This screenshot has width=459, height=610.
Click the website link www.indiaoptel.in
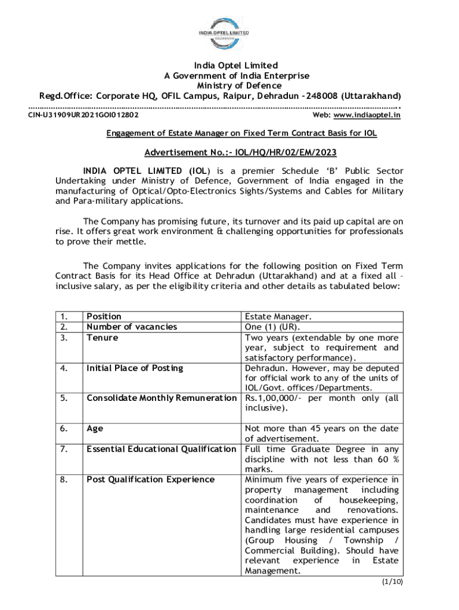(x=367, y=114)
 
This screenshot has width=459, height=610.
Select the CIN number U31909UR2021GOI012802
(x=84, y=114)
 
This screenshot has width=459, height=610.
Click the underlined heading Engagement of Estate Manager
(x=241, y=133)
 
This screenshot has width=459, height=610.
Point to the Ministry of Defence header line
(x=231, y=86)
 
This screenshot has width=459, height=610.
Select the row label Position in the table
(x=104, y=316)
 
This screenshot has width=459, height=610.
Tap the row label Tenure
(x=102, y=337)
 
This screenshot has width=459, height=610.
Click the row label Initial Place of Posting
(x=135, y=368)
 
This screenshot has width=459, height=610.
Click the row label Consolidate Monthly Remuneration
(x=162, y=398)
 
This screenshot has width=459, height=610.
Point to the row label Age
(x=95, y=428)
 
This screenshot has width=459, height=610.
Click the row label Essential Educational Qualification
(x=162, y=449)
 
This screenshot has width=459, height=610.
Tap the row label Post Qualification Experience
(x=150, y=479)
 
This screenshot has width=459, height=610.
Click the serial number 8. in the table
(x=64, y=479)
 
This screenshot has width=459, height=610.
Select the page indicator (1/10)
(x=392, y=581)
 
